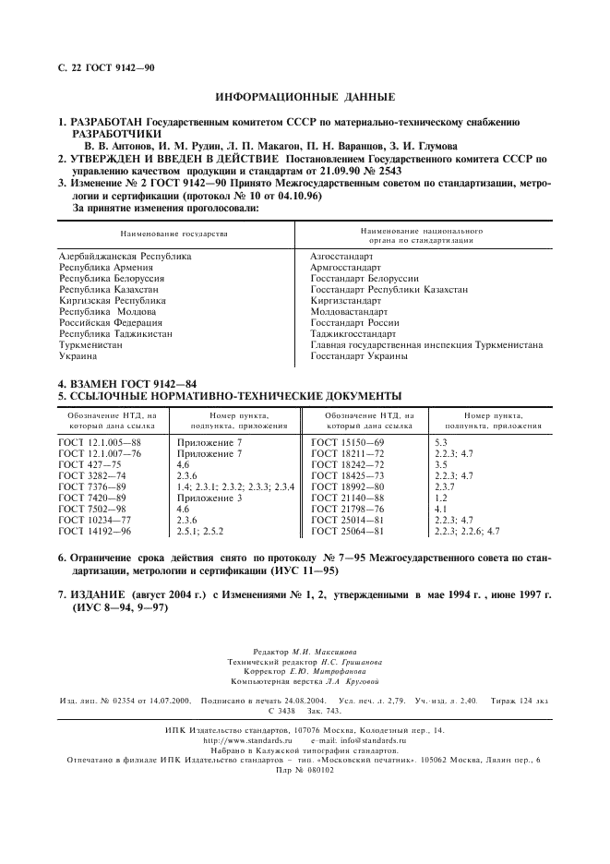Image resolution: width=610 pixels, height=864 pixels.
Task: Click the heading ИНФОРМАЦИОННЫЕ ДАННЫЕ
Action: point(305,96)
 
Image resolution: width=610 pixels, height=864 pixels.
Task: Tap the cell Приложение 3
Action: point(209,498)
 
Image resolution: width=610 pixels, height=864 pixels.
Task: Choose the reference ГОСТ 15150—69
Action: point(348,444)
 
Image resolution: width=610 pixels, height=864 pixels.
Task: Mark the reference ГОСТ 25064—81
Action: point(348,531)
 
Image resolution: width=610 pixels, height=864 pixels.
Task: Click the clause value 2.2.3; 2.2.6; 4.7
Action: point(467,531)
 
